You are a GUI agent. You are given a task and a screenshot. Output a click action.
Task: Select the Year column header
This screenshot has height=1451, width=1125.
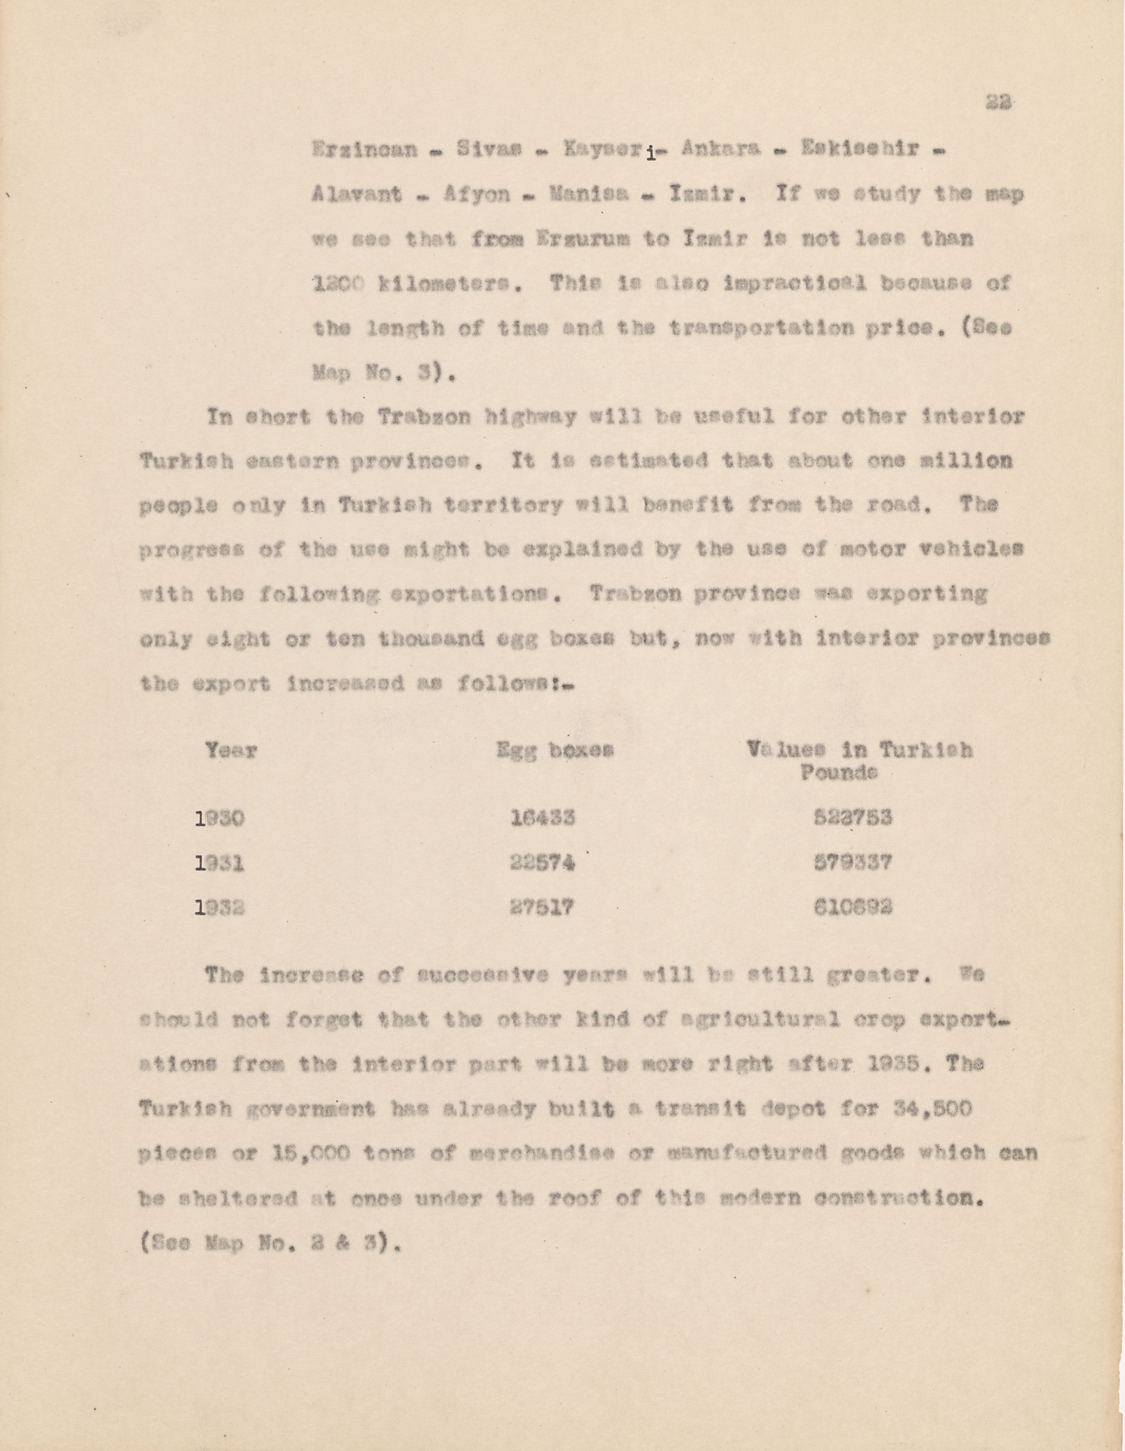(231, 751)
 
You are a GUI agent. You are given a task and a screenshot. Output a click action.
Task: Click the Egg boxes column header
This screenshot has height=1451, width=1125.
(555, 751)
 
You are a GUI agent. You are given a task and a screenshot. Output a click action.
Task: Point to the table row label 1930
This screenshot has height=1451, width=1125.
(220, 819)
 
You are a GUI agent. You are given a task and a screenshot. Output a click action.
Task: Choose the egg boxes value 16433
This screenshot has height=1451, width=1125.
(543, 819)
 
